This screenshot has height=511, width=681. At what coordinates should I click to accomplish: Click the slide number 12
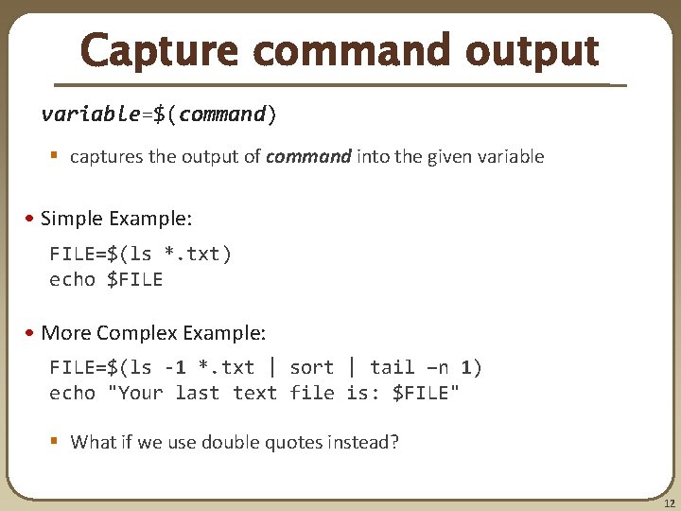[x=669, y=502]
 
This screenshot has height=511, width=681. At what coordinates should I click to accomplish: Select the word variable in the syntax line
[x=90, y=115]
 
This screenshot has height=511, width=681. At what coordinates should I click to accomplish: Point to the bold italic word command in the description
[x=308, y=156]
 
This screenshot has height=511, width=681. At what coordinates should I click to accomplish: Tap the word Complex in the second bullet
[x=137, y=332]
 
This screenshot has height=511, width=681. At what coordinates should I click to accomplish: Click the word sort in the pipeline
[x=311, y=367]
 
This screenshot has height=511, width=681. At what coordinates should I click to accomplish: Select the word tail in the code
[x=392, y=367]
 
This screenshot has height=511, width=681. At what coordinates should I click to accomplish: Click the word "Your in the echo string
[x=138, y=393]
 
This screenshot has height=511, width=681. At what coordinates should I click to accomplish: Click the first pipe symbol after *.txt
[x=273, y=367]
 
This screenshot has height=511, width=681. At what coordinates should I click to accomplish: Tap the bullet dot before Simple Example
[x=32, y=219]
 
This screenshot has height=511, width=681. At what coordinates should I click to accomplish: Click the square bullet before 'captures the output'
[x=56, y=156]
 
